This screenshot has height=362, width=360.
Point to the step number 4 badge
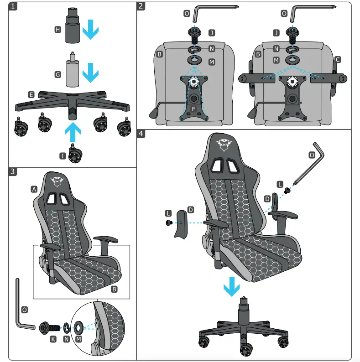tap(142, 134)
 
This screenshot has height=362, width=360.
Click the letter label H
tap(57, 30)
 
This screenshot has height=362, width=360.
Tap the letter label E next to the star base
tap(31, 94)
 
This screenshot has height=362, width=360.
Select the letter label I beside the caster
tap(63, 156)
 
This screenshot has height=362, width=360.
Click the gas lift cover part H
tap(72, 26)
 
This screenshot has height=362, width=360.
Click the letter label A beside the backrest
tap(34, 189)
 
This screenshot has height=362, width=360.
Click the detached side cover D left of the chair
tap(181, 224)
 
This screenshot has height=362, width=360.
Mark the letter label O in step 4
tap(312, 155)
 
